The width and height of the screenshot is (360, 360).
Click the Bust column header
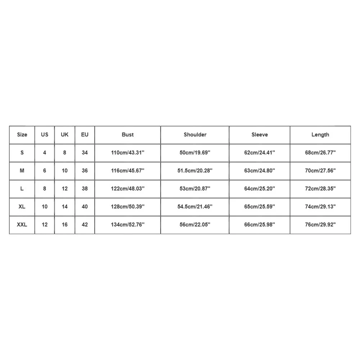coord(127,135)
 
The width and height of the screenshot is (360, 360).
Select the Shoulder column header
coord(195,135)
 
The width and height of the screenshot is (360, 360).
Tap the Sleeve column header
coord(260,135)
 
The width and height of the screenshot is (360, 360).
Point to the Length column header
coord(320,135)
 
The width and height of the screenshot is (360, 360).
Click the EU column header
coord(85,135)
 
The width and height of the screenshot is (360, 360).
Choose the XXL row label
coord(22,225)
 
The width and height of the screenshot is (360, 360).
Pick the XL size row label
coord(22,207)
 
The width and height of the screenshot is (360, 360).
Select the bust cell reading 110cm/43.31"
coord(127,153)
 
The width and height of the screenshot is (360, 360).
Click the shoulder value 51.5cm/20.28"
coord(195,171)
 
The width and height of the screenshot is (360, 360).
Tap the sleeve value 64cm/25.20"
coord(260,189)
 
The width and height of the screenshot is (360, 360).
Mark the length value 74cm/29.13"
coord(320,207)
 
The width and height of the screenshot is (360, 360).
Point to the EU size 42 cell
coord(85,225)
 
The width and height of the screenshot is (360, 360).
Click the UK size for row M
coord(64,171)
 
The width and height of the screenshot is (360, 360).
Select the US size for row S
coord(45,153)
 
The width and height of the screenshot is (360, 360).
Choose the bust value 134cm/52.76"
coord(127,225)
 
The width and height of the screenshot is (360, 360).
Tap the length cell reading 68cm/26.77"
coord(320,153)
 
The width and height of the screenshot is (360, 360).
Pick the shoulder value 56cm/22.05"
coord(195,225)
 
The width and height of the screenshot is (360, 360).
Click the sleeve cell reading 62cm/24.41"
coord(260,153)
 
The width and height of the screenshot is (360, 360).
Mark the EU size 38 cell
coord(85,189)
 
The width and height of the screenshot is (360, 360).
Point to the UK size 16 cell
coord(64,225)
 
